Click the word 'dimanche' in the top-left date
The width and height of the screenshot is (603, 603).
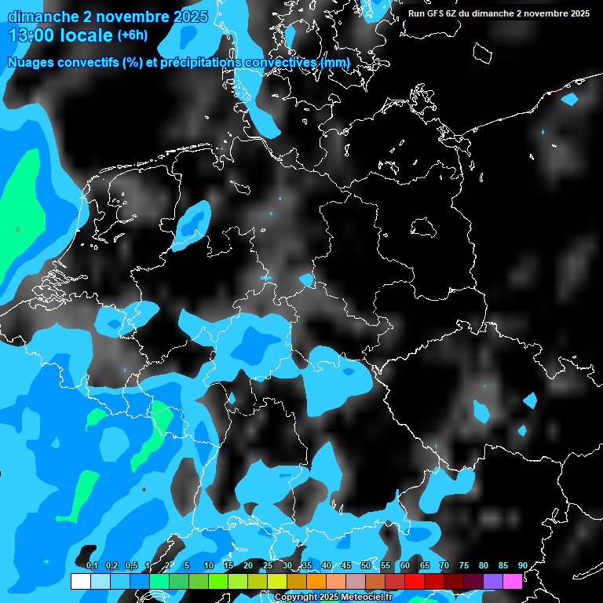(x=38, y=16)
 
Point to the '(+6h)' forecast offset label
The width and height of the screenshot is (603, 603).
(x=132, y=35)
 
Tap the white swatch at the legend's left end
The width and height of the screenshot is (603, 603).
(x=80, y=581)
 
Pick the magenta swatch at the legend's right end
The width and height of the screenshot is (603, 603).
(x=513, y=581)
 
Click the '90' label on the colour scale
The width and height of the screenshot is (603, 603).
(x=522, y=566)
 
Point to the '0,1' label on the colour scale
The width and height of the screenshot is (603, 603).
(x=92, y=566)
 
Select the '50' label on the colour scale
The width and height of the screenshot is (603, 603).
(x=366, y=566)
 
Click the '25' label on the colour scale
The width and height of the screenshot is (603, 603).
(x=268, y=566)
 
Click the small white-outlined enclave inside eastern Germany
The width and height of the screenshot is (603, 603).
(x=423, y=227)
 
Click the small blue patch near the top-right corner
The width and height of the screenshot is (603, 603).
(x=568, y=99)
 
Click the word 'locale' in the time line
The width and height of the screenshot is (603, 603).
(x=90, y=35)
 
